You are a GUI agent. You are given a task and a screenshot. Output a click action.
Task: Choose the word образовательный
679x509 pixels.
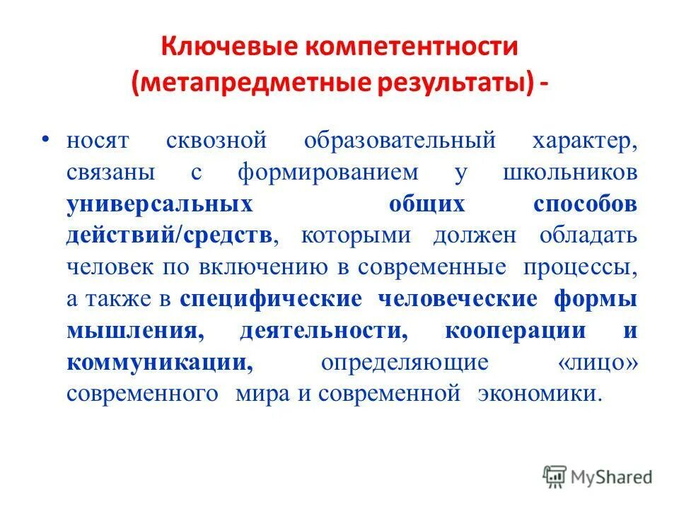pyautogui.click(x=400, y=141)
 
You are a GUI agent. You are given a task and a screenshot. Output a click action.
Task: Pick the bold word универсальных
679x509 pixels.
pyautogui.click(x=160, y=204)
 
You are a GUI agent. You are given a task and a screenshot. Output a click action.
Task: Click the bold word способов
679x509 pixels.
pyautogui.click(x=585, y=204)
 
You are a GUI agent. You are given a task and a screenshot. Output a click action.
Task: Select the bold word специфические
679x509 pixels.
pyautogui.click(x=271, y=299)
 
